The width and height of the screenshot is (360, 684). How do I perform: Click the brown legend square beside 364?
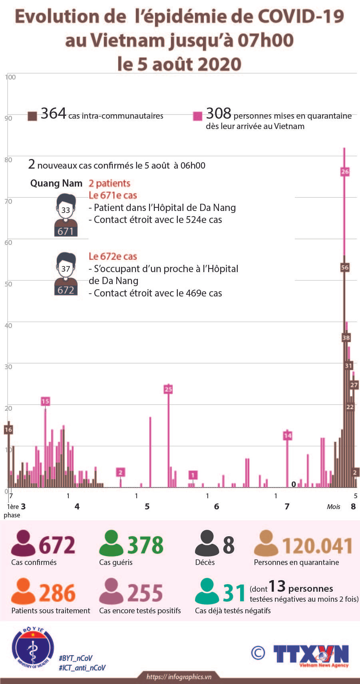[32, 116]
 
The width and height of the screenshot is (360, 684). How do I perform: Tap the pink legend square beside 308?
[198, 116]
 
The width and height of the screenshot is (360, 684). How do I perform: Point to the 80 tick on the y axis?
[8, 160]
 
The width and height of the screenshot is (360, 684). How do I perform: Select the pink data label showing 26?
[345, 172]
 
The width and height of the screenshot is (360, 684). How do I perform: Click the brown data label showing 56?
[345, 267]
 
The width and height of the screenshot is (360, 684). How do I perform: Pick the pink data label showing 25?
[168, 389]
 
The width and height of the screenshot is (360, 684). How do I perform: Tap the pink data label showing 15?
[45, 401]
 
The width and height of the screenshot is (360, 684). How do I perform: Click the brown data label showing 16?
[8, 429]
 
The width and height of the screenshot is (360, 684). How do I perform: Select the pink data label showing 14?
[287, 435]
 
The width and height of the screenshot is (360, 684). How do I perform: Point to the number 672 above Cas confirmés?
[57, 545]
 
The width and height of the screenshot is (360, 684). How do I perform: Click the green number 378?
[145, 545]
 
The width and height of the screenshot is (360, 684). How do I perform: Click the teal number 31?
[234, 593]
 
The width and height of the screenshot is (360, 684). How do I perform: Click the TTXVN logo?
[311, 656]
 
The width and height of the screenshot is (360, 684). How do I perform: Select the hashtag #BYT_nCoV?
[76, 658]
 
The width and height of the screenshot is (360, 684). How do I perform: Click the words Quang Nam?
[56, 183]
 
